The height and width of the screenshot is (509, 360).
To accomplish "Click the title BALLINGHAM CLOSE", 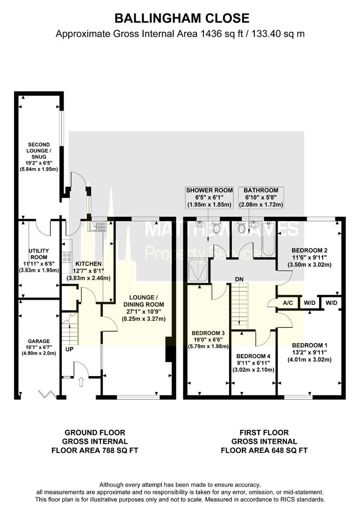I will (182, 18).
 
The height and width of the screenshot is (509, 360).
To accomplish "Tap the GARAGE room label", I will (38, 341).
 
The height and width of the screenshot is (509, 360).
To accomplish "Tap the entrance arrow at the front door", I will (80, 382).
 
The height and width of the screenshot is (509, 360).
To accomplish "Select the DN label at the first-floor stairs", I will (239, 279).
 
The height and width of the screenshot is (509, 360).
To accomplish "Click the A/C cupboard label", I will (288, 303).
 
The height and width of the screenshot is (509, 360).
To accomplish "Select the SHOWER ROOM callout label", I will (209, 190).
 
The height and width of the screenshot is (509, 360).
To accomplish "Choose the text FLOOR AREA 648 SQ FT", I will (264, 451).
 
